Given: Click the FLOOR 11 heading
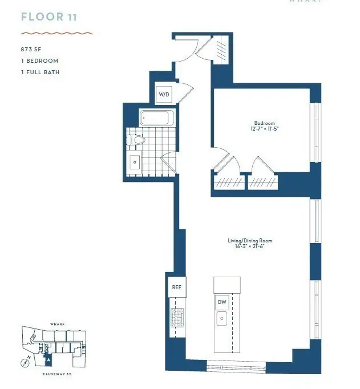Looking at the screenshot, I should (x=48, y=17).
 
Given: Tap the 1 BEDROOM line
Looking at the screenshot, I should (x=39, y=61).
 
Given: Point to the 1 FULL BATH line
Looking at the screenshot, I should (x=40, y=72).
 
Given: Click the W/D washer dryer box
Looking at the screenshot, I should (x=163, y=94).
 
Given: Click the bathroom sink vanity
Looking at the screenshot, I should (x=135, y=162).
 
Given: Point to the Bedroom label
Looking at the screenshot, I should (x=264, y=123).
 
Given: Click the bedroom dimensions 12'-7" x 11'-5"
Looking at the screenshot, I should (x=264, y=129).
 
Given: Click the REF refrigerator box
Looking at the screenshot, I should (x=176, y=287).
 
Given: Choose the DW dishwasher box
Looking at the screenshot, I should (x=221, y=302).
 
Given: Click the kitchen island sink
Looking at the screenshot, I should (x=221, y=319).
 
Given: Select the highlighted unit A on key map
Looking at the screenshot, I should (x=48, y=359).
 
